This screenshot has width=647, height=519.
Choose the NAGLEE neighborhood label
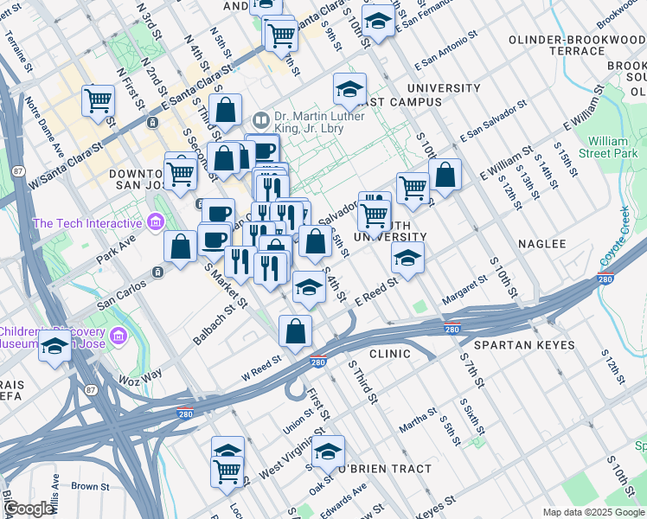(x=541, y=245)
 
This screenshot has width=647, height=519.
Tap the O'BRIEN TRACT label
(x=384, y=469)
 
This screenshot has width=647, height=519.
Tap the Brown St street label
(x=91, y=486)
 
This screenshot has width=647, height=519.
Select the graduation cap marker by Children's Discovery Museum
(x=55, y=347)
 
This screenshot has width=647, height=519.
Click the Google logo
(x=29, y=509)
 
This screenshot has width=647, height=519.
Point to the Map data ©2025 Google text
(x=593, y=512)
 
